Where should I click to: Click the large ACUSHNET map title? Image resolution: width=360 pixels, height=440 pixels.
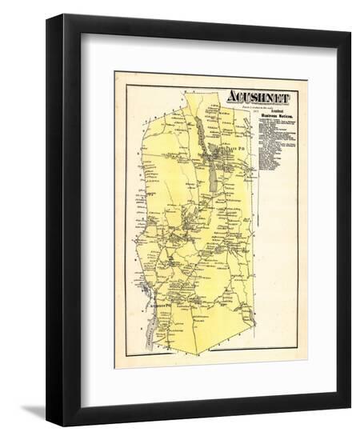click(x=259, y=98)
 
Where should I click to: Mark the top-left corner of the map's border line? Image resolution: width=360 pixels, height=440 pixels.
click(x=126, y=86)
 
